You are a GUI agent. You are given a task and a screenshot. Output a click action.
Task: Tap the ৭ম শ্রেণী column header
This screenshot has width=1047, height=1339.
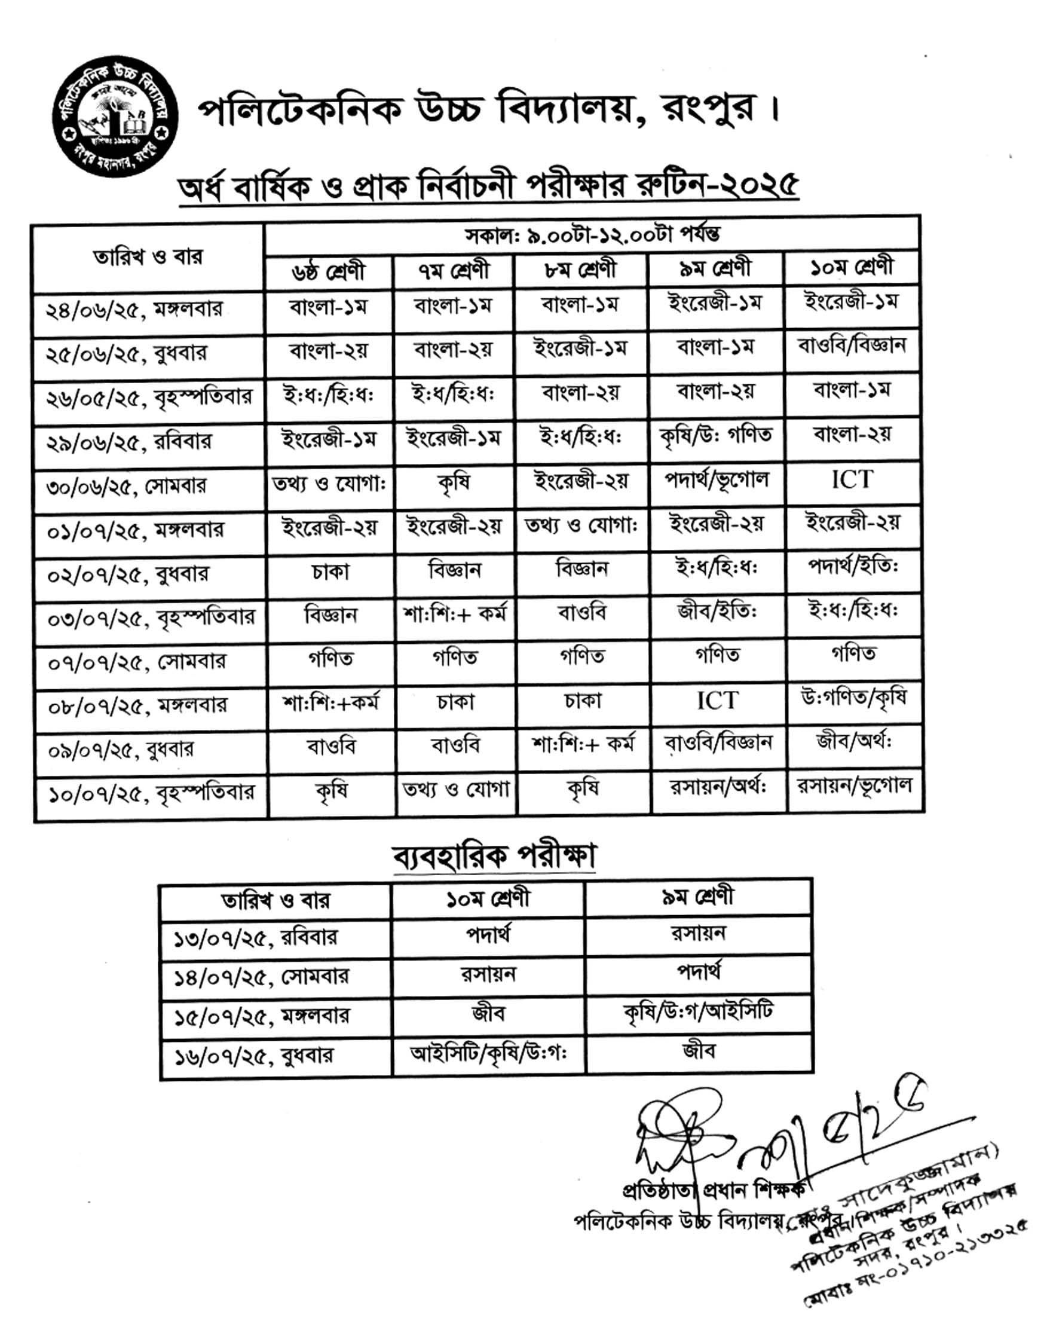(454, 270)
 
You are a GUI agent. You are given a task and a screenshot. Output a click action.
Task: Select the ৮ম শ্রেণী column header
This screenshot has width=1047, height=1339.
(580, 270)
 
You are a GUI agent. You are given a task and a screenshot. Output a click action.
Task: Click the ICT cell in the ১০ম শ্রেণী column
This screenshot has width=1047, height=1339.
(852, 479)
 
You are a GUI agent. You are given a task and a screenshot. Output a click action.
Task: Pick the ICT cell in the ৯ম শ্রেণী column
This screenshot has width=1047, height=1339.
(717, 700)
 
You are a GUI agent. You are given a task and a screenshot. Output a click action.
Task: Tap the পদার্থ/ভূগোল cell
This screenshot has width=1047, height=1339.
(717, 480)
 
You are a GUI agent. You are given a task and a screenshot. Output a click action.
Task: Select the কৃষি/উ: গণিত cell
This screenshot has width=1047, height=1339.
(716, 436)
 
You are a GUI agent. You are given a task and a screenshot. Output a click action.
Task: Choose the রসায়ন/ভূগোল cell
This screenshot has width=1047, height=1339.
(854, 786)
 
